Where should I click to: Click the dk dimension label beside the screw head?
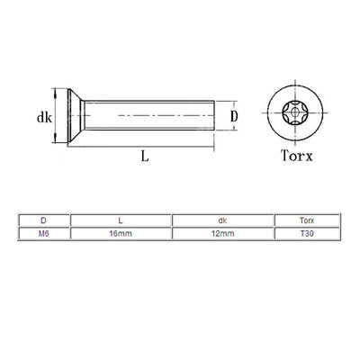pos(44,118)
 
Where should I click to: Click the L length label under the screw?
pos(145,156)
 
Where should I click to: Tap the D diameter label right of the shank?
pos(234,116)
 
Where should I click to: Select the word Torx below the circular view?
pos(297,156)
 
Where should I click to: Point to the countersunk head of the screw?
pos(76,115)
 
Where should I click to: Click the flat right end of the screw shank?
pos(214,115)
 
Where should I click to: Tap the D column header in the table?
pos(43,220)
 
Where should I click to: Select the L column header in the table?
pos(121,220)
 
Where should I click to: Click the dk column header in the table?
pos(222,220)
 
